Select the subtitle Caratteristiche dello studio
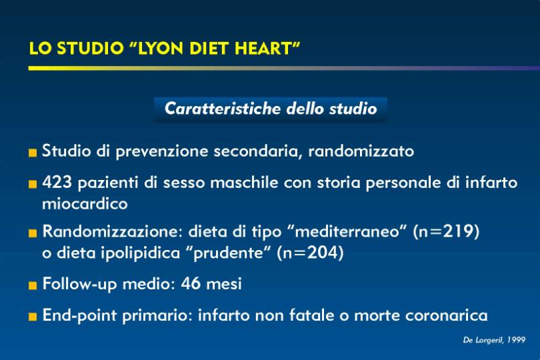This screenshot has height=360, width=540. point(271,109)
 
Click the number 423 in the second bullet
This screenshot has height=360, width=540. point(57,182)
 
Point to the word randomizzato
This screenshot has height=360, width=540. point(361,151)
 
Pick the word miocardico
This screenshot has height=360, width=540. point(85,203)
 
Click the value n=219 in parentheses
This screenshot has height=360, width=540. point(446,231)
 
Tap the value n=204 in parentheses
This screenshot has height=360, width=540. point(310,253)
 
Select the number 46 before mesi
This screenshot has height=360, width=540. point(191,283)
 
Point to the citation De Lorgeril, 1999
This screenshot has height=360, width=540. point(494,341)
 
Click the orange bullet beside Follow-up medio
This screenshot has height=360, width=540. point(33,285)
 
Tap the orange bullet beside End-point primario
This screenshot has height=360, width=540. point(33,317)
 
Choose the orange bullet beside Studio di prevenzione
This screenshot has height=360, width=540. point(33,153)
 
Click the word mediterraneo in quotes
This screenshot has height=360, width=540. point(347,231)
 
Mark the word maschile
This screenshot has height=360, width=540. point(244,182)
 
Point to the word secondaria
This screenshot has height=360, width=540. point(258,151)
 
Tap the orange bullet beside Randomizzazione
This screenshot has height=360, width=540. point(33,233)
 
